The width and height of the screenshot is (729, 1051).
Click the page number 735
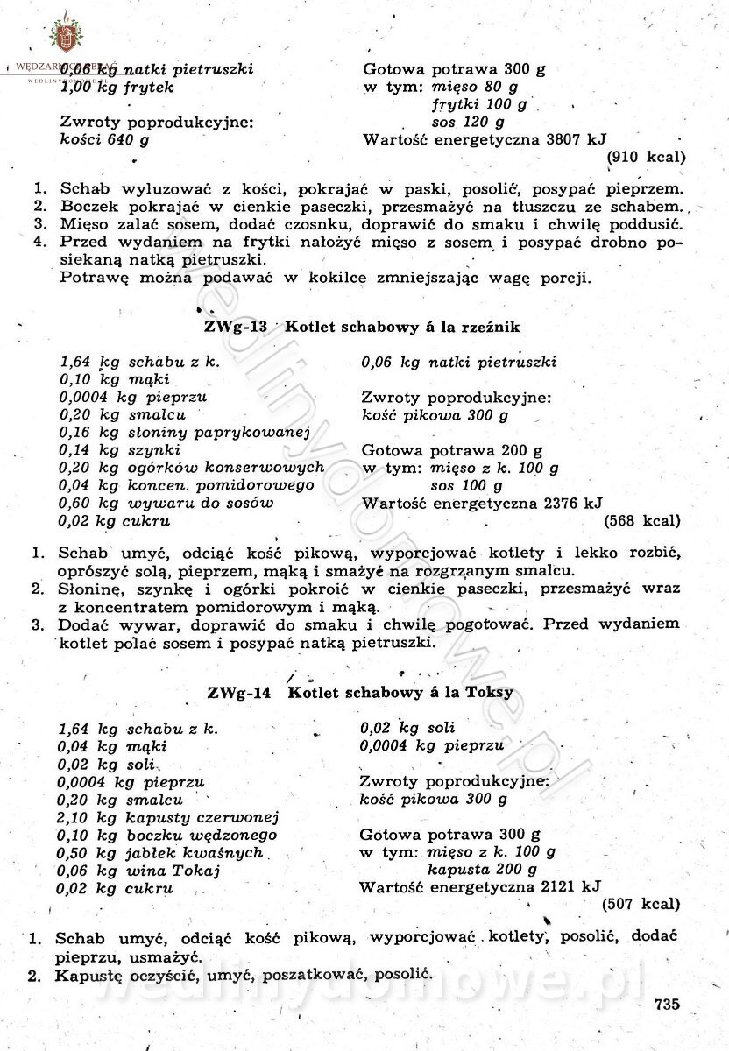pos(666,1005)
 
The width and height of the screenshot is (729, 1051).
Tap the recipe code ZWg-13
pos(229,327)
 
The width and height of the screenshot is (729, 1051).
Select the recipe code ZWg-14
pos(236,692)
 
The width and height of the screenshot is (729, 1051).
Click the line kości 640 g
pos(104,139)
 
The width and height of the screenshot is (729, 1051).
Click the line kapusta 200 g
pos(482,870)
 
